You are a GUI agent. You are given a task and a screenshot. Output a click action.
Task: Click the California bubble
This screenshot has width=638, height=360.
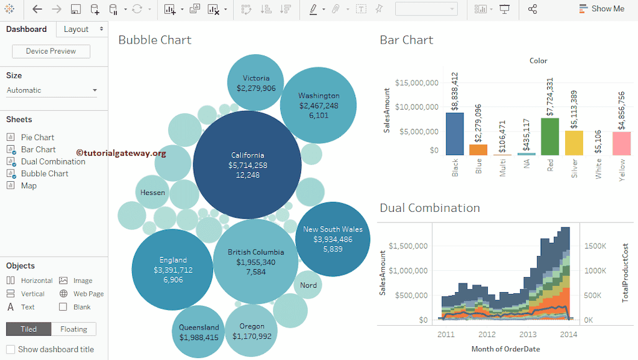(x=247, y=165)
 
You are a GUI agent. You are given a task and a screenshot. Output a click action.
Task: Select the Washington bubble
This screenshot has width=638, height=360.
(x=318, y=105)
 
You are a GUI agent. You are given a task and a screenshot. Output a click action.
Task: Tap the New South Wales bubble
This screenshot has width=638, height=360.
(x=333, y=239)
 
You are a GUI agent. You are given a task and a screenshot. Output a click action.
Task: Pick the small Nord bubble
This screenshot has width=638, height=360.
(x=308, y=285)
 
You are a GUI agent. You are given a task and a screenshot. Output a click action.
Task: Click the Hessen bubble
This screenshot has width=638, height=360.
(x=152, y=192)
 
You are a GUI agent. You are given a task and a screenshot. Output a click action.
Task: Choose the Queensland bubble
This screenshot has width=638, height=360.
(x=199, y=331)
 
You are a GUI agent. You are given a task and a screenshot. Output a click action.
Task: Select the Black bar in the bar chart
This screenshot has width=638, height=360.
(x=455, y=133)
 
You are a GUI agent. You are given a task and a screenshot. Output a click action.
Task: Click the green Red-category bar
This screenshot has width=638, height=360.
(x=550, y=136)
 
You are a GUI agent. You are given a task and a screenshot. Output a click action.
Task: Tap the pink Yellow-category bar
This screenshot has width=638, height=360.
(x=621, y=143)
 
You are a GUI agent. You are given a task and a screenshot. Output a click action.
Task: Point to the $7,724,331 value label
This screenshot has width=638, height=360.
(x=550, y=97)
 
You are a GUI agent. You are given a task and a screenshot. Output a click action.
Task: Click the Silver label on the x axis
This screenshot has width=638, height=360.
(x=574, y=168)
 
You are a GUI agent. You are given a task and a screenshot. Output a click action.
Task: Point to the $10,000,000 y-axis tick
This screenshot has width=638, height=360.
(x=416, y=107)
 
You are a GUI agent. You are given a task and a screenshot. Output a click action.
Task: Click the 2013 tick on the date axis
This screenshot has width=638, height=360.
(x=528, y=334)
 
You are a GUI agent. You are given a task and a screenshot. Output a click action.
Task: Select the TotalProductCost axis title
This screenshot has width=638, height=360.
(x=625, y=273)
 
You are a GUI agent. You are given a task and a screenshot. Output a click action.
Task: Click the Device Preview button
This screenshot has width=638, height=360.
(x=51, y=51)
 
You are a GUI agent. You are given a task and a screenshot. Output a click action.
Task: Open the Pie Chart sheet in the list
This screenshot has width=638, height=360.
(x=37, y=137)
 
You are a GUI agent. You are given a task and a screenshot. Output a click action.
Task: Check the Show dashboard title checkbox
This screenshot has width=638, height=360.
(x=11, y=349)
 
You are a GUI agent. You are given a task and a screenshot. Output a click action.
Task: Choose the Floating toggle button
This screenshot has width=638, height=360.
(x=74, y=329)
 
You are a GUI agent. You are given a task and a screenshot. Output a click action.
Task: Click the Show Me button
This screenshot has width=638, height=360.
(x=601, y=9)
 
